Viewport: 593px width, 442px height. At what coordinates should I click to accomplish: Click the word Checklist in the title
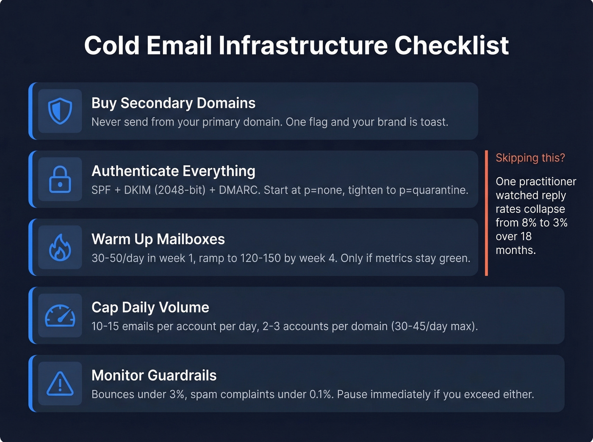451,45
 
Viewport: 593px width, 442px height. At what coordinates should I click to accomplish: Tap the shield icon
60,111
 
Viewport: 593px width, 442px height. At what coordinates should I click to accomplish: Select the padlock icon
60,179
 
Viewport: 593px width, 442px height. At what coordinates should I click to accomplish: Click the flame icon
60,247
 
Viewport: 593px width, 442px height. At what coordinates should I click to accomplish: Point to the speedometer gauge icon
60,316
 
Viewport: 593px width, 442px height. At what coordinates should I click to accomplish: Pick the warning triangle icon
60,384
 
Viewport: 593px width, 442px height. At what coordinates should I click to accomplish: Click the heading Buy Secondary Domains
173,103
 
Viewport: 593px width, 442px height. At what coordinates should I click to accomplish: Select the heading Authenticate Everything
173,171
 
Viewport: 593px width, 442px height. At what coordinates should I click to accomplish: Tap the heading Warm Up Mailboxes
158,239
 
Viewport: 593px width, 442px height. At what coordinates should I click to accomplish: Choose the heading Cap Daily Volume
150,307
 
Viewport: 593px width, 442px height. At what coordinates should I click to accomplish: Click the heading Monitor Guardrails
154,376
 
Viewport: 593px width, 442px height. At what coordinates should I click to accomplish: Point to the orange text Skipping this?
530,158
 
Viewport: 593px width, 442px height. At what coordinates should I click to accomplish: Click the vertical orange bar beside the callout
486,213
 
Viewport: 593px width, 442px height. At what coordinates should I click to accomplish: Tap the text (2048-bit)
180,190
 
